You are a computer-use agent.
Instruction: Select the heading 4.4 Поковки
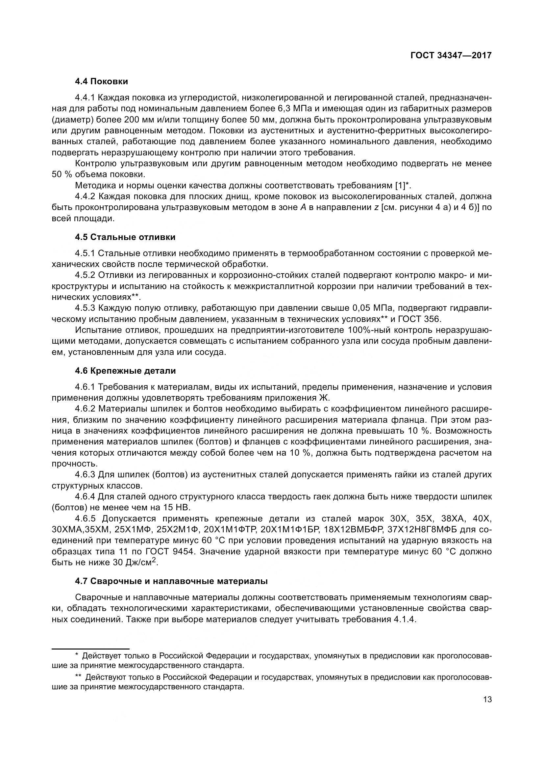point(102,82)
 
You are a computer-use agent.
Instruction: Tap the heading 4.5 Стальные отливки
point(125,237)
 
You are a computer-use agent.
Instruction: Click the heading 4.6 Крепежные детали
point(125,371)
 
